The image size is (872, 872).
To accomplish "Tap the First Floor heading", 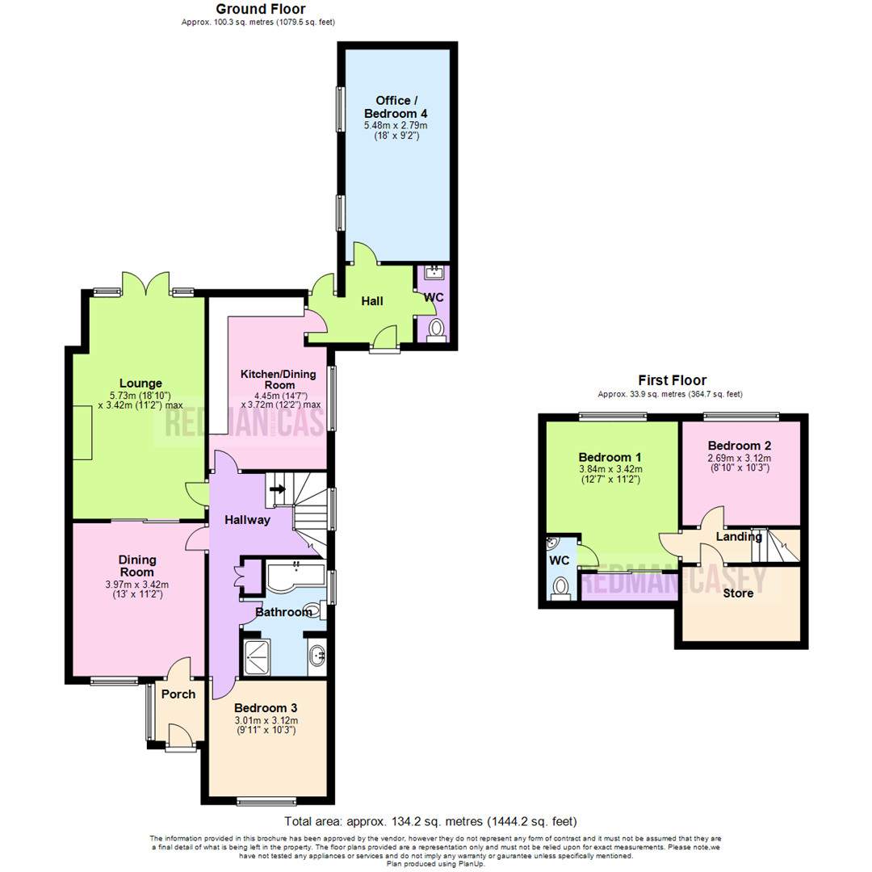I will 672,379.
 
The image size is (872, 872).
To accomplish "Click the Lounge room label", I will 140,383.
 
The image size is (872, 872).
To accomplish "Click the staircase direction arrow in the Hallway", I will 279,488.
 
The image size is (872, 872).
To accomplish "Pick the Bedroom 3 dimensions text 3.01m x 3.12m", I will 266,721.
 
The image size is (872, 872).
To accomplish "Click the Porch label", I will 178,694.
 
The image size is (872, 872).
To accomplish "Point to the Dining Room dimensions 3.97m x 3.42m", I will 137,585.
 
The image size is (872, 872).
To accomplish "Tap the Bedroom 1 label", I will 610,455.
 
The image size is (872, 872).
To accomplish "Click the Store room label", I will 738,593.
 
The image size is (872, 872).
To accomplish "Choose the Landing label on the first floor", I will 739,537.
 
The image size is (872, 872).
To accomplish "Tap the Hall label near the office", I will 372,301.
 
